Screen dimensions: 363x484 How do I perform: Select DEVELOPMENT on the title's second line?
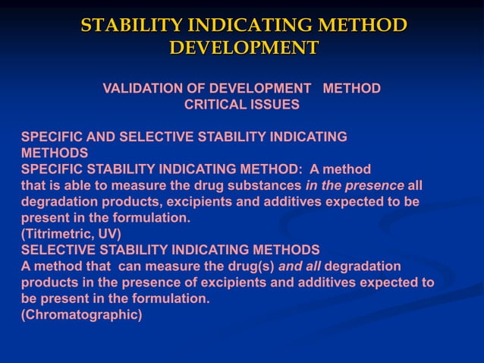244,48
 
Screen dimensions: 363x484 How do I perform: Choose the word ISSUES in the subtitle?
275,105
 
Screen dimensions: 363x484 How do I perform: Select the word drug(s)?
249,266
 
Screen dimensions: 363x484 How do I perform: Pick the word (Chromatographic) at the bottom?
81,314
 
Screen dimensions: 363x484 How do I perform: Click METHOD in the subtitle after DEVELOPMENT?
351,89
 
